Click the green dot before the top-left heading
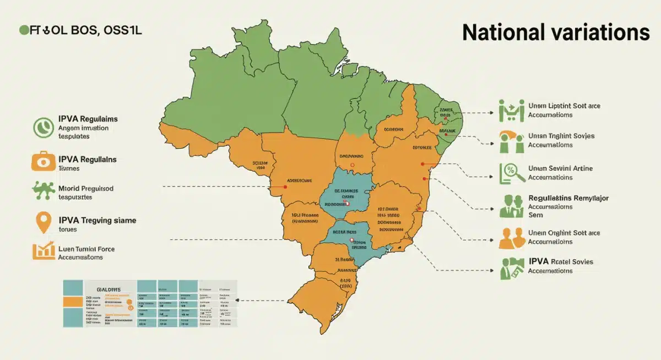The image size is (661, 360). click(24, 31)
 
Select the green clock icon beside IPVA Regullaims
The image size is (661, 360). click(42, 128)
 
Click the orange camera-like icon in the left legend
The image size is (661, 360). click(42, 161)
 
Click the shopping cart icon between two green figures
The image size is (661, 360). click(510, 110)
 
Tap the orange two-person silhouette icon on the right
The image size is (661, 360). click(511, 237)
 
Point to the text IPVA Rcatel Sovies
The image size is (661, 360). click(561, 261)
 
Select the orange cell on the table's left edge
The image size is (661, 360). click(72, 302)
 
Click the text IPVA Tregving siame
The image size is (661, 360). click(97, 220)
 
